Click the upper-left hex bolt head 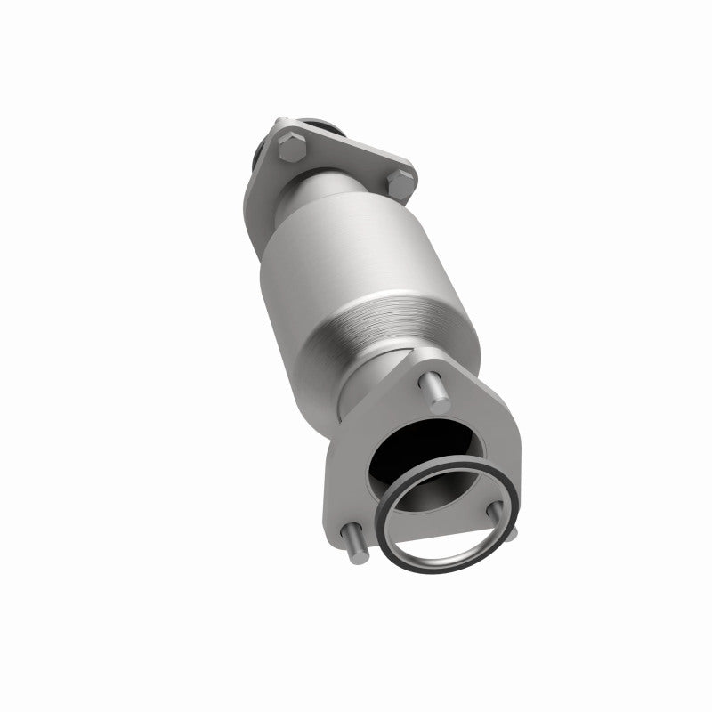(x=292, y=147)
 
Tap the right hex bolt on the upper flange (x=400, y=185)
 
